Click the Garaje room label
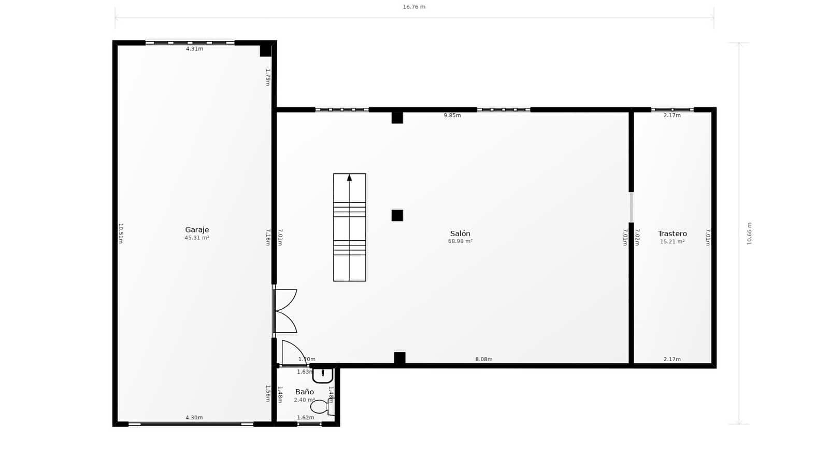click(197, 230)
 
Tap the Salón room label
click(460, 233)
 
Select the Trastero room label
click(672, 233)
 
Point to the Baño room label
click(305, 392)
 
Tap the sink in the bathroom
click(323, 375)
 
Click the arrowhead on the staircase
click(349, 178)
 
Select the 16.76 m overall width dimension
click(414, 7)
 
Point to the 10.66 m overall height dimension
click(749, 233)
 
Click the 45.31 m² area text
click(197, 238)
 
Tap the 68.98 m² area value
click(460, 241)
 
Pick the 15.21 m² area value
click(672, 242)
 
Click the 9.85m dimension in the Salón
click(452, 115)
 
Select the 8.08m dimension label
click(484, 359)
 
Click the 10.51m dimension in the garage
click(121, 233)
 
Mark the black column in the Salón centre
click(397, 215)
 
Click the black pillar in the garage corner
click(265, 51)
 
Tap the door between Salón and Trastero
click(631, 207)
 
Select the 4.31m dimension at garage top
click(194, 49)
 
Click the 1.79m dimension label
click(268, 77)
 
